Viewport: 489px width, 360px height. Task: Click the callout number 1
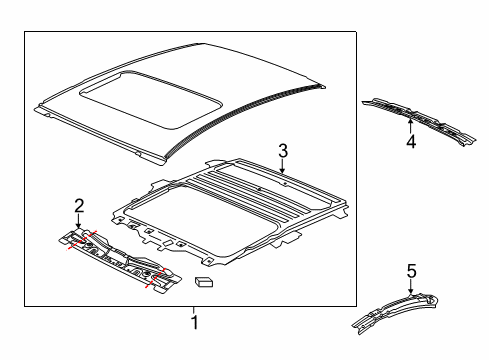[x=194, y=322]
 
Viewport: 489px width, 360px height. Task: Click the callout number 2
[x=79, y=206]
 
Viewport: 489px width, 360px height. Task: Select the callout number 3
[x=283, y=151]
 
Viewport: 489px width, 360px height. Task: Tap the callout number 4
[x=411, y=141]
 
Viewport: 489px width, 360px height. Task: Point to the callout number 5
[x=412, y=271]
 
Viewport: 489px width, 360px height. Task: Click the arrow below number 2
[x=78, y=221]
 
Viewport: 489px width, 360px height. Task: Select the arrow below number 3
[x=282, y=166]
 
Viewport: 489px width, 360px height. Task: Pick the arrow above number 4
[x=410, y=126]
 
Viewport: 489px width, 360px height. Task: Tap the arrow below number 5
[x=411, y=287]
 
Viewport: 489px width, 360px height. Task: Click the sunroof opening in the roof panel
[x=151, y=99]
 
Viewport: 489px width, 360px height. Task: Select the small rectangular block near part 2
[x=204, y=281]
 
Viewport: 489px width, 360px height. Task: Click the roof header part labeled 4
[x=419, y=121]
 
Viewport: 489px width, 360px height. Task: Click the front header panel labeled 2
[x=120, y=261]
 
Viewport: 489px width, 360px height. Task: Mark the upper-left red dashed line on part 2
[x=82, y=240]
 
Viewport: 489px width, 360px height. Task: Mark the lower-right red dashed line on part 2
[x=156, y=278]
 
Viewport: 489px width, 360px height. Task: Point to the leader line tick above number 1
[x=193, y=310]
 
